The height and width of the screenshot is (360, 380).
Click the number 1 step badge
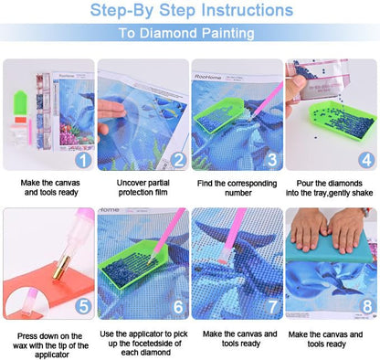(83, 160)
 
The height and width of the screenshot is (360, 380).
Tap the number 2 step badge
(178, 160)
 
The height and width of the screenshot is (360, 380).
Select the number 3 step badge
(272, 160)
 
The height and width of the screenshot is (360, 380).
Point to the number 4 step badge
(366, 160)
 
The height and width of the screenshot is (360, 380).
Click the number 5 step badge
(83, 306)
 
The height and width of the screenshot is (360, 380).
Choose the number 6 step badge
(178, 306)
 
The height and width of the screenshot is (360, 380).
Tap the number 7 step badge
(272, 306)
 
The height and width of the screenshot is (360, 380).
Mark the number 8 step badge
(366, 306)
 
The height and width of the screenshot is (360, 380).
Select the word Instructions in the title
(248, 10)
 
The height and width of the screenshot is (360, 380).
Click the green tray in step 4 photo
(343, 122)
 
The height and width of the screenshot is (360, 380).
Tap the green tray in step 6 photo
(133, 263)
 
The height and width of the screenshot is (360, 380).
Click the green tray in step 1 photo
(20, 103)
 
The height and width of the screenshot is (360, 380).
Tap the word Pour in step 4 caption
(304, 183)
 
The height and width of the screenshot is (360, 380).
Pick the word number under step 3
(238, 193)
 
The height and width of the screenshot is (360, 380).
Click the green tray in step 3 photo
(218, 115)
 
